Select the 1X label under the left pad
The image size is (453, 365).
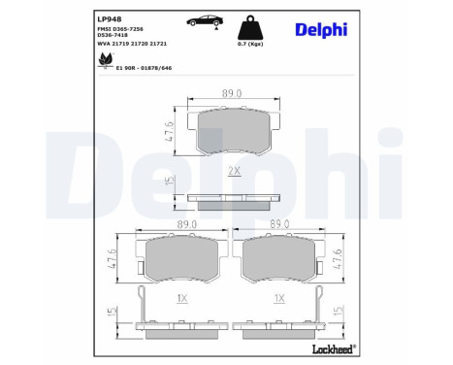click(181, 297)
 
